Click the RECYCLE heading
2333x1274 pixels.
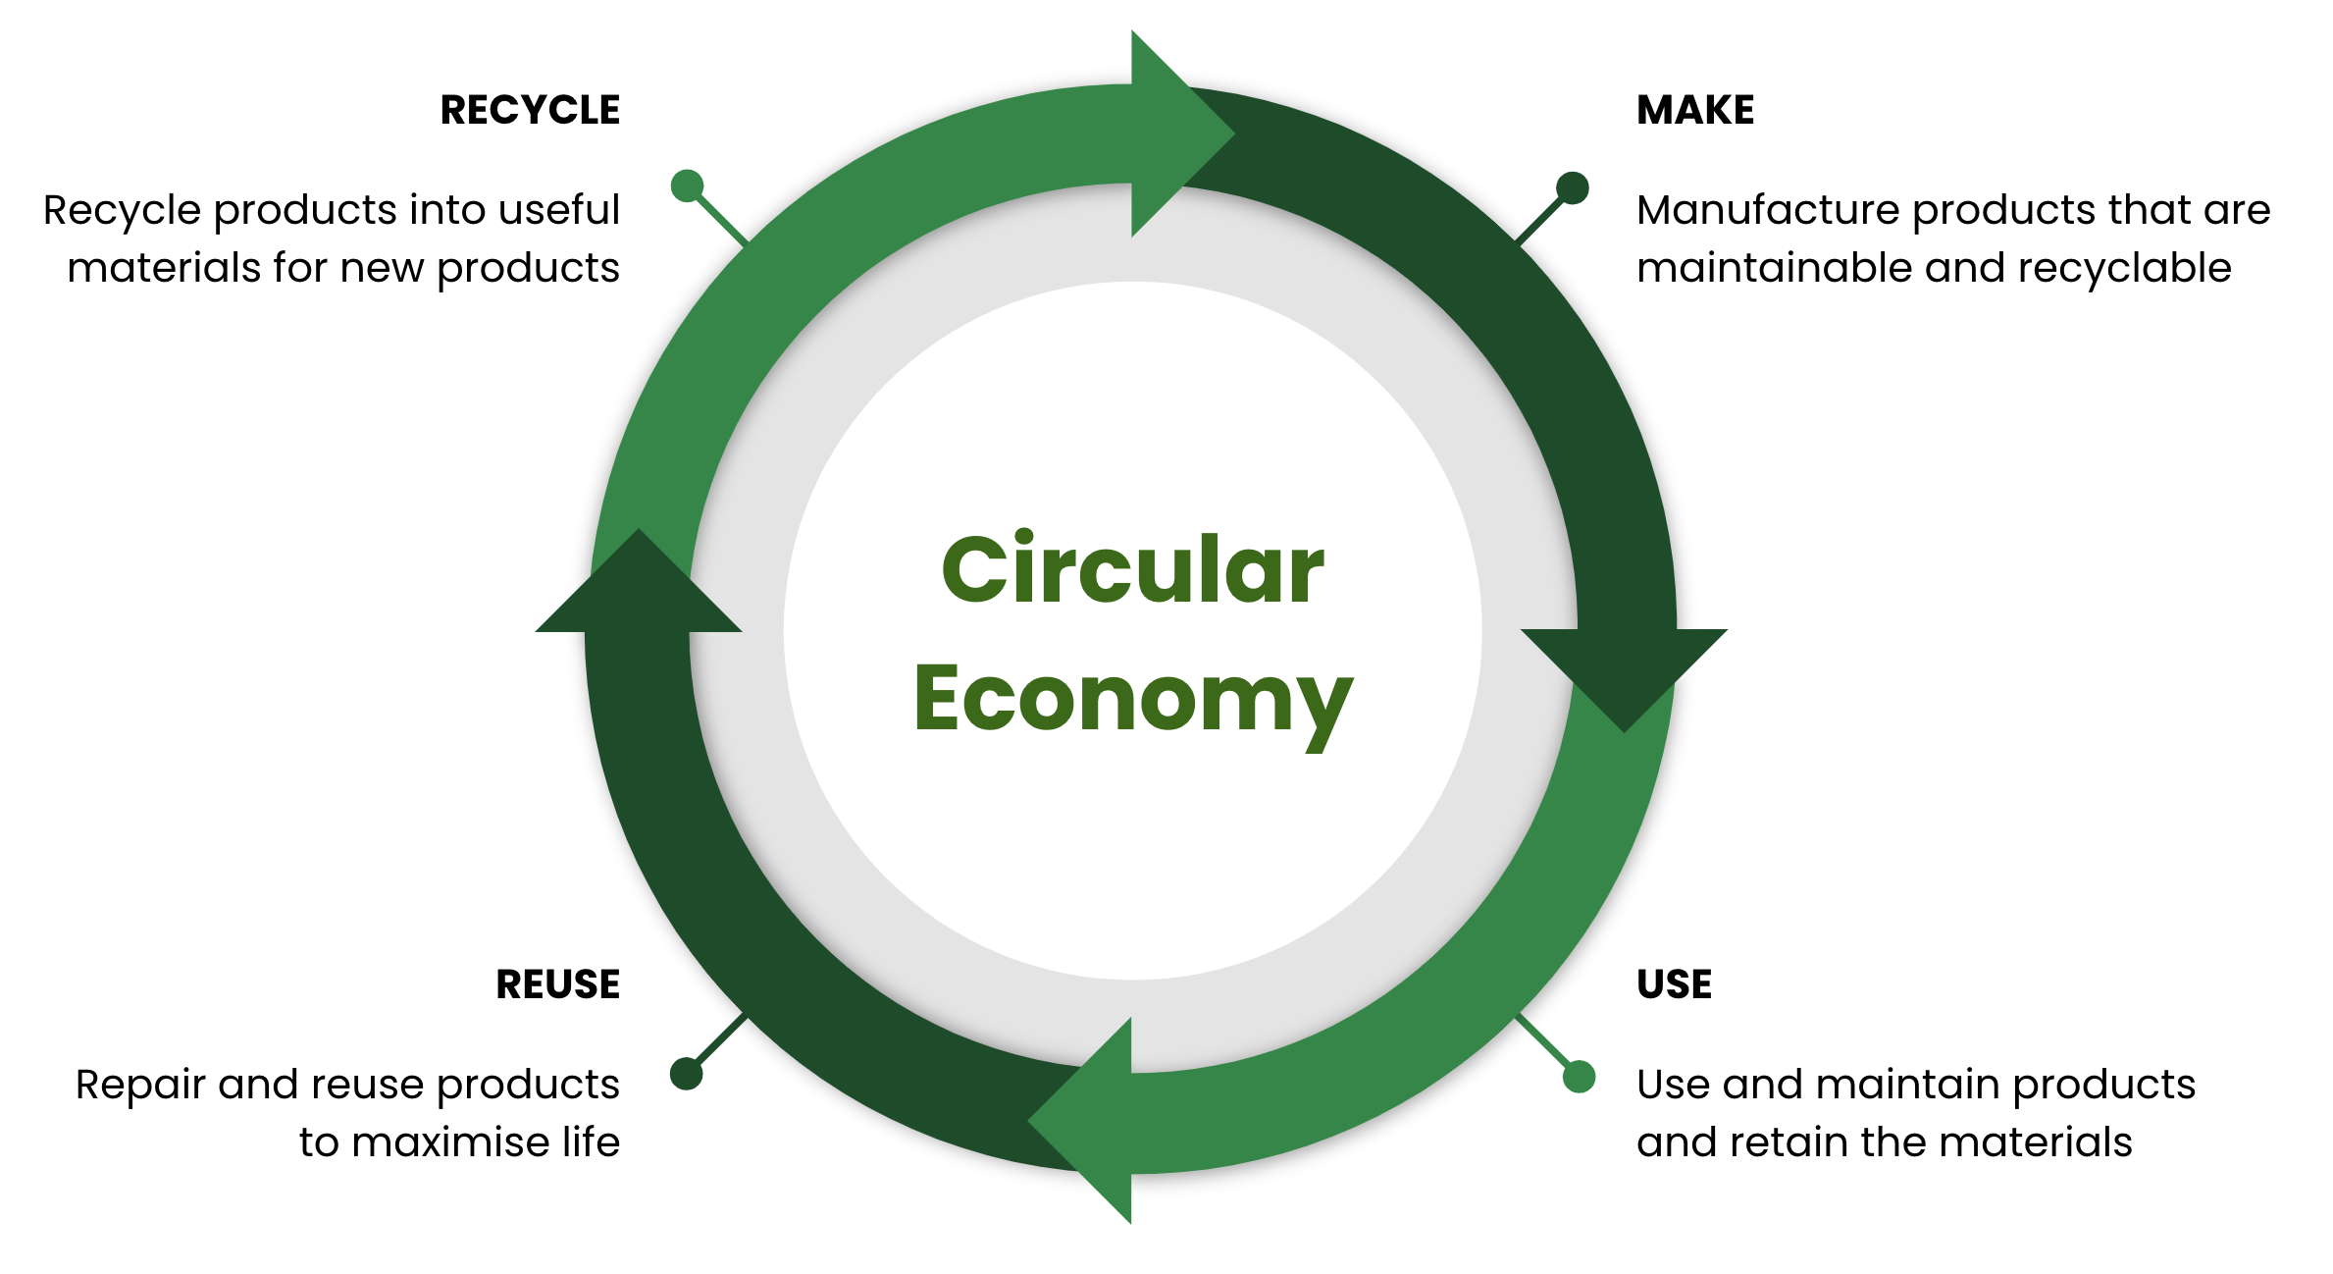[x=530, y=110]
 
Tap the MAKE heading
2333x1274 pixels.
[x=1695, y=110]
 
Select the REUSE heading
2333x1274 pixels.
[x=557, y=984]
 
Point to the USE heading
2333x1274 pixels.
[x=1674, y=984]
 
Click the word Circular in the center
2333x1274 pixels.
[x=1132, y=570]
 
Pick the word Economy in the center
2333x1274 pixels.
[x=1132, y=700]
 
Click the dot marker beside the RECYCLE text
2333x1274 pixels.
[x=687, y=186]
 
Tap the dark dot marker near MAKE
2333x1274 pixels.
[x=1572, y=188]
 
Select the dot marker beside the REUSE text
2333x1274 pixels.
[x=687, y=1073]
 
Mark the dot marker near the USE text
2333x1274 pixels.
[x=1579, y=1077]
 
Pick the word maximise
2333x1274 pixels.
[x=452, y=1143]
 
